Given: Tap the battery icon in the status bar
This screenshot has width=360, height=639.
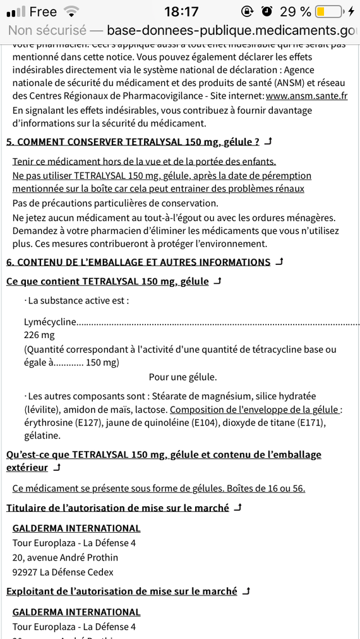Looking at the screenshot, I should [329, 11].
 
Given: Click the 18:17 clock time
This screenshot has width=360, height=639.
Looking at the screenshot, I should [181, 11].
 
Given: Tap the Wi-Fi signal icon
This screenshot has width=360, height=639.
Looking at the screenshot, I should [72, 11].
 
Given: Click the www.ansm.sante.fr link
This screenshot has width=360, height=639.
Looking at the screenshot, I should [306, 95].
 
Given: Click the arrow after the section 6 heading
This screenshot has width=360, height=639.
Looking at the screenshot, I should [279, 262].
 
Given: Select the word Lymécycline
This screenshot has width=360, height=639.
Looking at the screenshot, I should [51, 322].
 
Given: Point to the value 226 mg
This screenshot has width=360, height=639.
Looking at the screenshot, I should [39, 335].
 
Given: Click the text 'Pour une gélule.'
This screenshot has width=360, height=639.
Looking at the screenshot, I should [183, 377].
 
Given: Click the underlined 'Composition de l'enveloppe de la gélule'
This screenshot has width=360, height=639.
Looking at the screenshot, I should [254, 409].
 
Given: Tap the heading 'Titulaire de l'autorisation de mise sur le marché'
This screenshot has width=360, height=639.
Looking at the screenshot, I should [117, 508].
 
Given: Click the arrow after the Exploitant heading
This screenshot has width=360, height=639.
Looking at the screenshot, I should [246, 591].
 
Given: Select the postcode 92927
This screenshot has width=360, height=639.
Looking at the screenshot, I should [25, 572].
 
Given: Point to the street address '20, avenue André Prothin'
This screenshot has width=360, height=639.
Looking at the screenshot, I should [65, 557].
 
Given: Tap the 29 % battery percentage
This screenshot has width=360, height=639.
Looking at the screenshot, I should [295, 11].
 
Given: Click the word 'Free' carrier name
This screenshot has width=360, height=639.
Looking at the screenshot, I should [43, 11].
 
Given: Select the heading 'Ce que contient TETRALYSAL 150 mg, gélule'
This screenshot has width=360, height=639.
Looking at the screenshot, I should [107, 281].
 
